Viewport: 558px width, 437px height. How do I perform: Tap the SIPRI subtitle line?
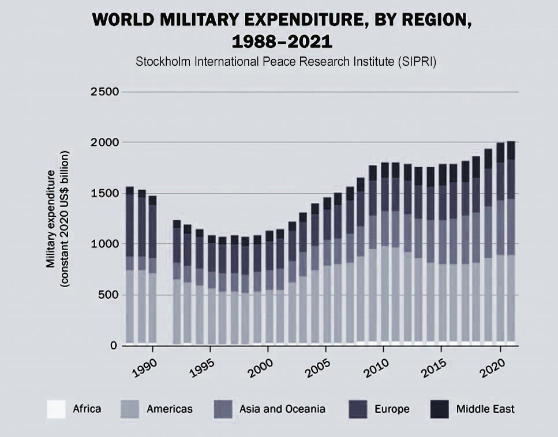pos(285,62)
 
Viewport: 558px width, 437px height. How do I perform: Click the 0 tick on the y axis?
pos(115,346)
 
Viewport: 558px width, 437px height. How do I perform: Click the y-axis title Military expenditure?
pos(51,218)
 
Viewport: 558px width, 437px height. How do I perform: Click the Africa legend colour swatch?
pos(56,409)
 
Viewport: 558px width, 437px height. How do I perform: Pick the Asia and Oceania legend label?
pos(282,409)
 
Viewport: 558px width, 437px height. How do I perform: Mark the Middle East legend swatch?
pos(440,409)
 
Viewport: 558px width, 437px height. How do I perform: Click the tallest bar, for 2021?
pos(511,242)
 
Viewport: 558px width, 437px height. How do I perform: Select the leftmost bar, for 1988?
pos(130,265)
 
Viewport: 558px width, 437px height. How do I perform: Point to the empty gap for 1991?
pos(164,288)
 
